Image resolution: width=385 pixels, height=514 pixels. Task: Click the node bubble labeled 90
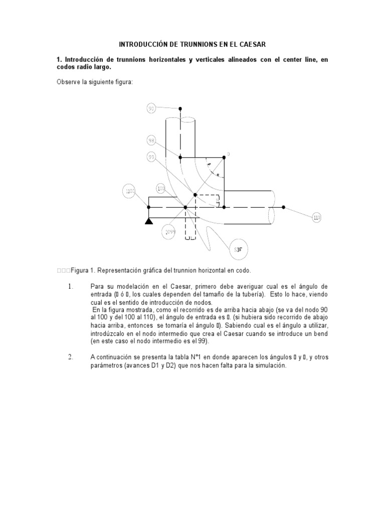pyautogui.click(x=152, y=108)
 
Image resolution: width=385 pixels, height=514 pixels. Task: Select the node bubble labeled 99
pyautogui.click(x=151, y=157)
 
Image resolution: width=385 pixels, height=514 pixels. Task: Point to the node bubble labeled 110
pyautogui.click(x=316, y=217)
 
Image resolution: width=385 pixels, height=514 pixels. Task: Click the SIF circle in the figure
pyautogui.click(x=239, y=248)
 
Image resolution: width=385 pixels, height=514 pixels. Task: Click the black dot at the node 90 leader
pyautogui.click(x=180, y=108)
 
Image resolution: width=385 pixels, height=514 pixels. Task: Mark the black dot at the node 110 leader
pyautogui.click(x=283, y=207)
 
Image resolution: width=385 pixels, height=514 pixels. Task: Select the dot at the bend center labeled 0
pyautogui.click(x=224, y=157)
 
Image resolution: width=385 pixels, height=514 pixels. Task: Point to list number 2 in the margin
pyautogui.click(x=71, y=357)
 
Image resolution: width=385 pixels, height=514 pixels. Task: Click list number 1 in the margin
pyautogui.click(x=71, y=286)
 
